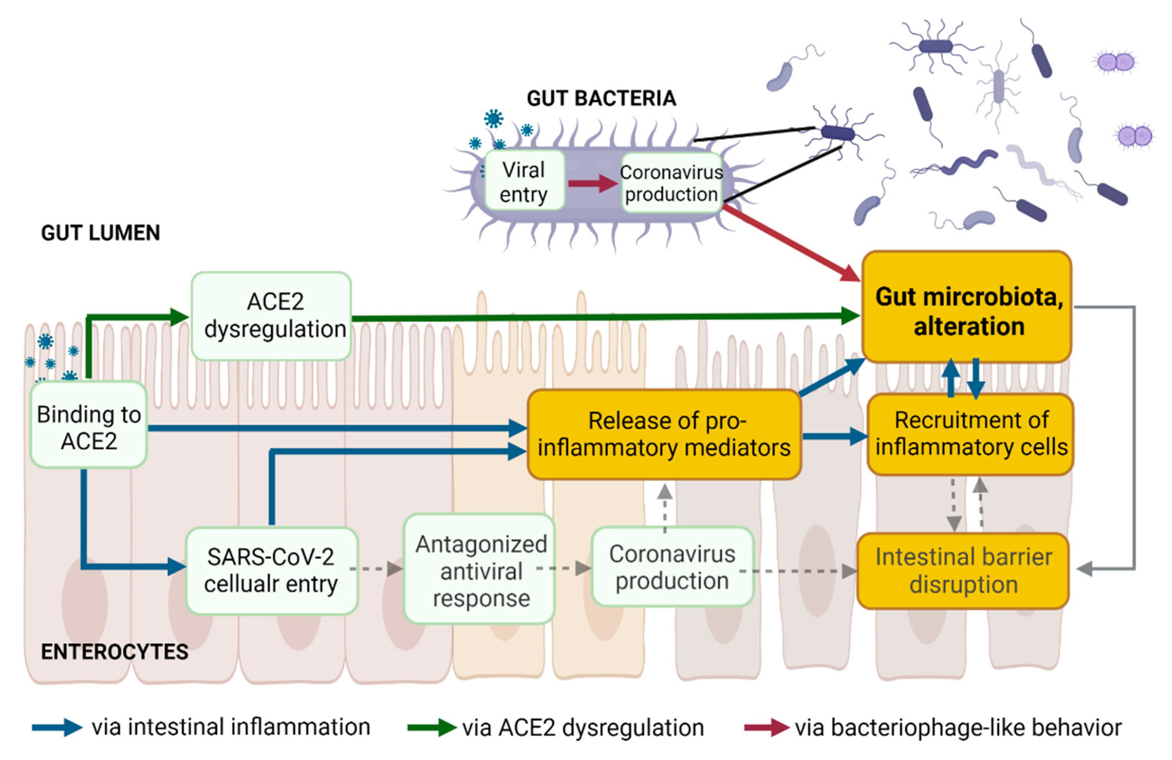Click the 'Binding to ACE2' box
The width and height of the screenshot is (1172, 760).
coord(89,426)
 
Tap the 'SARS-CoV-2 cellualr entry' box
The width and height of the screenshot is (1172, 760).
coord(271,570)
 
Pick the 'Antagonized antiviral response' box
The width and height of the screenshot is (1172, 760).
coord(480,570)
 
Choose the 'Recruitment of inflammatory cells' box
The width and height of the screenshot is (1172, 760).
coord(970,434)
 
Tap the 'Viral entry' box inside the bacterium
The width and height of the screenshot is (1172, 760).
coord(524,181)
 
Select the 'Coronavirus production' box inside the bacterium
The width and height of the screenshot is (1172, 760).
coord(672,183)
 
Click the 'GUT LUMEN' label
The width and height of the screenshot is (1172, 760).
coord(101,232)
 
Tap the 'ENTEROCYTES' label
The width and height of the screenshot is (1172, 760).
coord(114,652)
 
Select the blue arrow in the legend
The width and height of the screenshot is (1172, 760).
coord(57,727)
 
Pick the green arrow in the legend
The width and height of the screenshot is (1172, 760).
coord(431,727)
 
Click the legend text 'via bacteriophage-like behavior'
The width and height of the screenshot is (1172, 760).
coord(958,727)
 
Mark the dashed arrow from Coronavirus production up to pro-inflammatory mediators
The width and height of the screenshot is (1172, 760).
coord(665,507)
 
